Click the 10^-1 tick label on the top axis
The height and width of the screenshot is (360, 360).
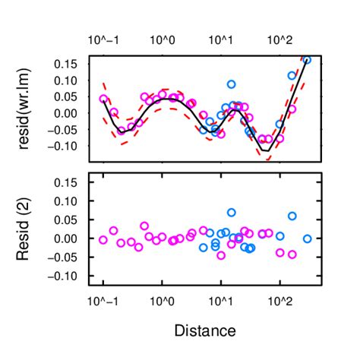(x=104, y=39)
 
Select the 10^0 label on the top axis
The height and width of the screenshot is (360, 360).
(x=163, y=39)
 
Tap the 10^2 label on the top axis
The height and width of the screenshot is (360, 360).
(x=279, y=39)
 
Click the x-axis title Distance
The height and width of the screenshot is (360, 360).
(x=204, y=330)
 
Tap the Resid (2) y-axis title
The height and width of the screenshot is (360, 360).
(x=25, y=229)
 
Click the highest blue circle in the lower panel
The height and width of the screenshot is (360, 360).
(x=232, y=213)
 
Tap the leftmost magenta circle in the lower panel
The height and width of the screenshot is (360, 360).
(x=103, y=240)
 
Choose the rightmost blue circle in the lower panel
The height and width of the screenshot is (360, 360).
(x=308, y=238)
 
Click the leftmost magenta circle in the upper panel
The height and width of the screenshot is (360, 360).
(x=104, y=99)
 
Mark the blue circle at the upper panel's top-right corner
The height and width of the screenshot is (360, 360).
(x=307, y=59)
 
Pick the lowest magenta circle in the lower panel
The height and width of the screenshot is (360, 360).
(x=221, y=255)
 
